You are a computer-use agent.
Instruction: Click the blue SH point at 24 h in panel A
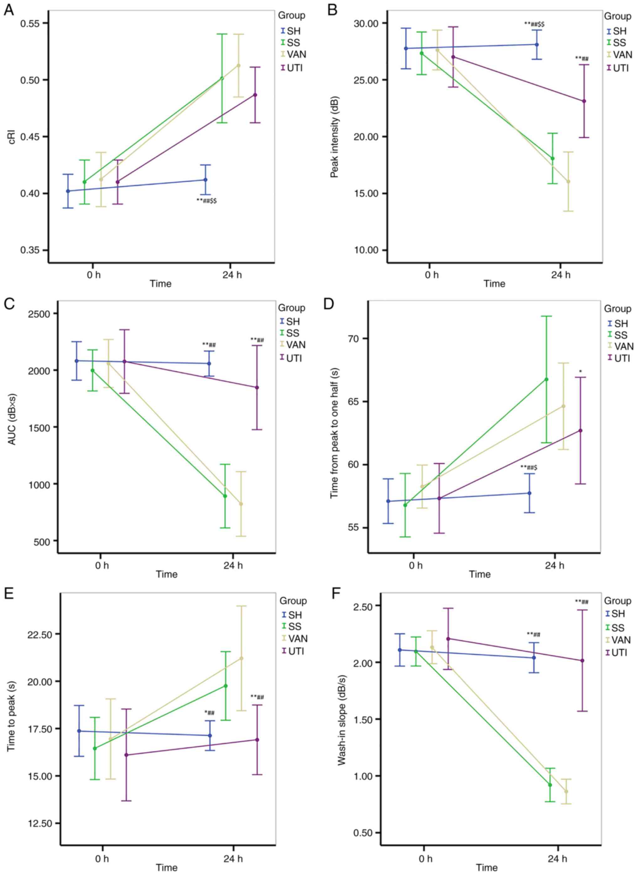[x=205, y=180]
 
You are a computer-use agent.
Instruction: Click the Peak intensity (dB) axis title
[x=334, y=137]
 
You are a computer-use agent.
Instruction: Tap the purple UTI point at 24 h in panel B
[x=584, y=101]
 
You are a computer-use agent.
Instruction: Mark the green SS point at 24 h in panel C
[x=225, y=496]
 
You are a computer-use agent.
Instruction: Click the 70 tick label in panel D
[x=354, y=339]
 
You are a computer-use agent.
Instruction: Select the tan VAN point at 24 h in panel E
[x=242, y=658]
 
